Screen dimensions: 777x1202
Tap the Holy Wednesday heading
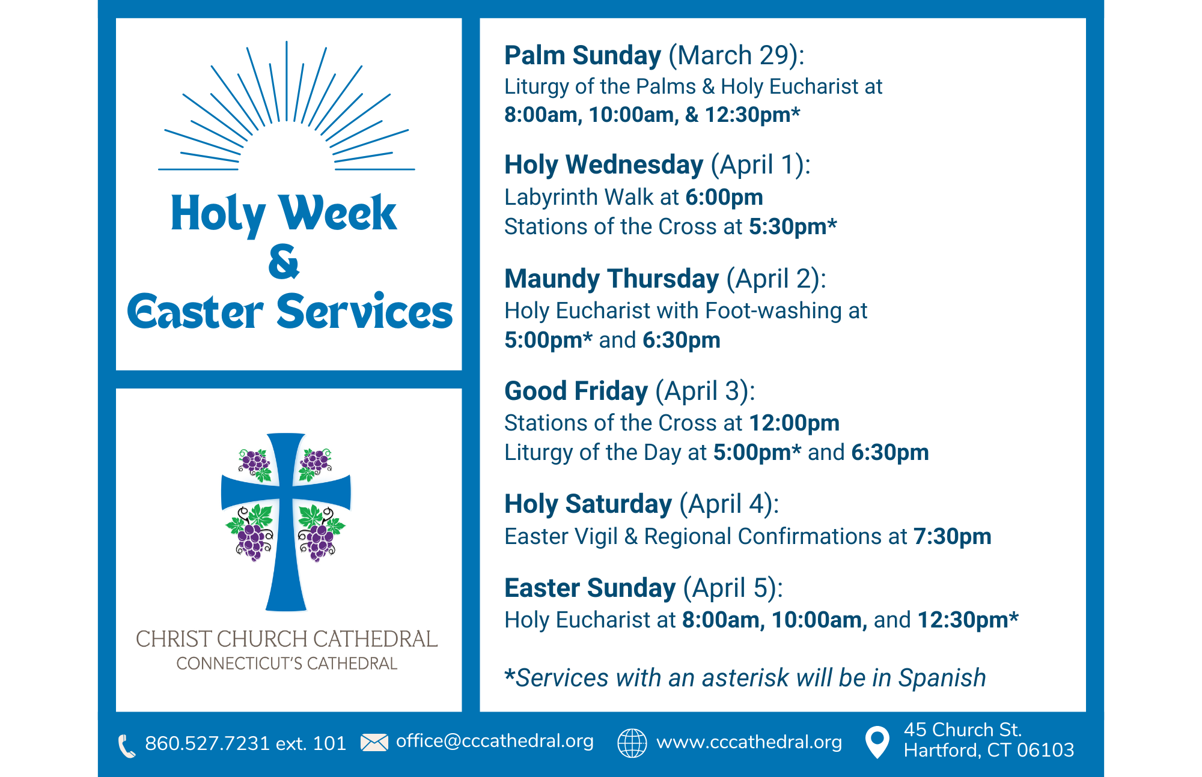[x=603, y=165]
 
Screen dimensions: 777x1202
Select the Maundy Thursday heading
[x=611, y=279]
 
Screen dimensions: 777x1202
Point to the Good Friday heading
[x=576, y=391]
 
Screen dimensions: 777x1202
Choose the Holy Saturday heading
[x=588, y=504]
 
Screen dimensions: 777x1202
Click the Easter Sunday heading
[x=590, y=588]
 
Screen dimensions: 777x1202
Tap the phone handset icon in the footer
[x=127, y=746]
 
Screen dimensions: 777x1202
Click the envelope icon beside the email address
[x=374, y=743]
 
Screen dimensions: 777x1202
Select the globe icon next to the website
[x=632, y=743]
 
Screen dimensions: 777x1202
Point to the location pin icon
[x=877, y=742]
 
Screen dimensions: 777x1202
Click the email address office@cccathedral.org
[x=495, y=741]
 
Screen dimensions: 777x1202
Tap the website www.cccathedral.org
[x=749, y=742]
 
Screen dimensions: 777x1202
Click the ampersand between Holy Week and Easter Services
[x=284, y=262]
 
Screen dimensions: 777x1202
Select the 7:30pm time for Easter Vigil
[x=952, y=536]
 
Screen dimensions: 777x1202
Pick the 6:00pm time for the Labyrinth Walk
[x=724, y=197]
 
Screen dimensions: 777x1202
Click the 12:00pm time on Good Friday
[x=794, y=423]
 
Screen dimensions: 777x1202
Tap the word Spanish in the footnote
[x=942, y=678]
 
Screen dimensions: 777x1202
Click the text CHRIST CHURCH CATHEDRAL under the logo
[x=287, y=639]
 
